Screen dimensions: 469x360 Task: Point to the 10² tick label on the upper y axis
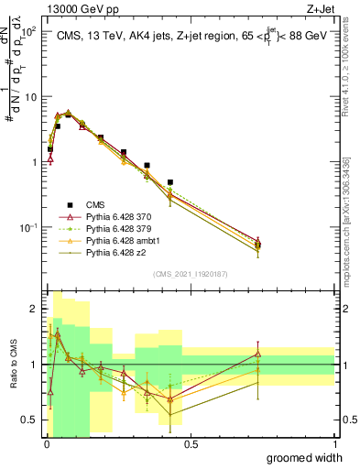click(27, 31)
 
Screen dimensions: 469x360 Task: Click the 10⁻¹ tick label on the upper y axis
click(27, 227)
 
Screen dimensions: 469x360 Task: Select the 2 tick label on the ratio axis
click(35, 309)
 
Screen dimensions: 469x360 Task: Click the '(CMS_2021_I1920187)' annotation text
click(191, 273)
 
